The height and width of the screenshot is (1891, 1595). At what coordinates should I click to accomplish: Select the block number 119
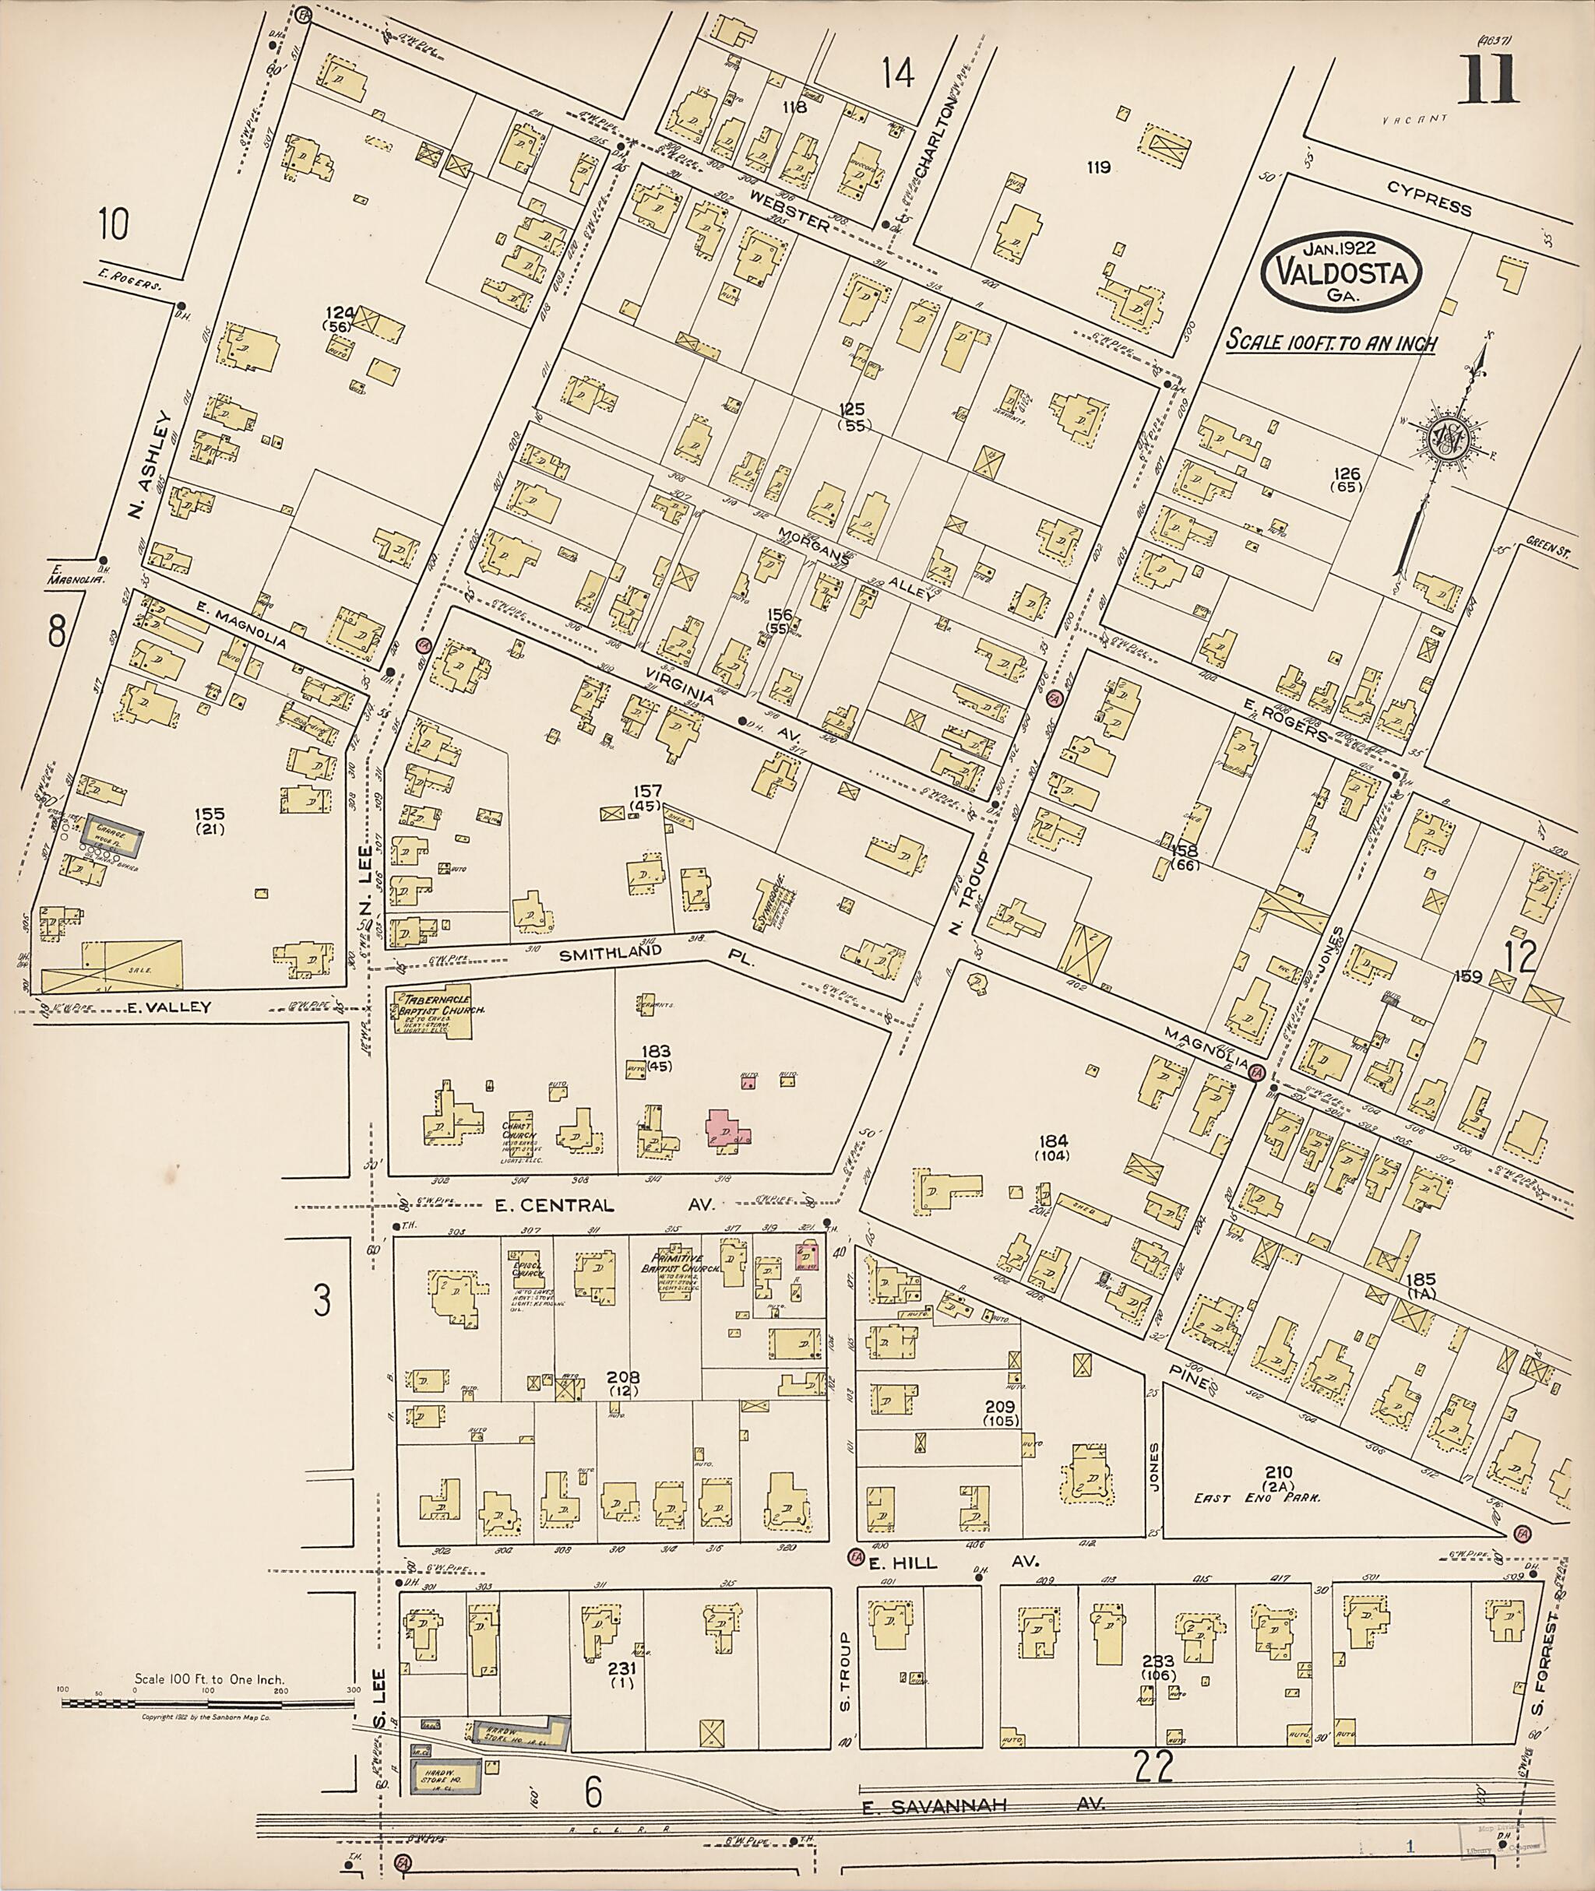click(x=1099, y=167)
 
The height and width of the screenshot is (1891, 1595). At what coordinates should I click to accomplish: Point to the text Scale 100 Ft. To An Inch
click(x=1331, y=343)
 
